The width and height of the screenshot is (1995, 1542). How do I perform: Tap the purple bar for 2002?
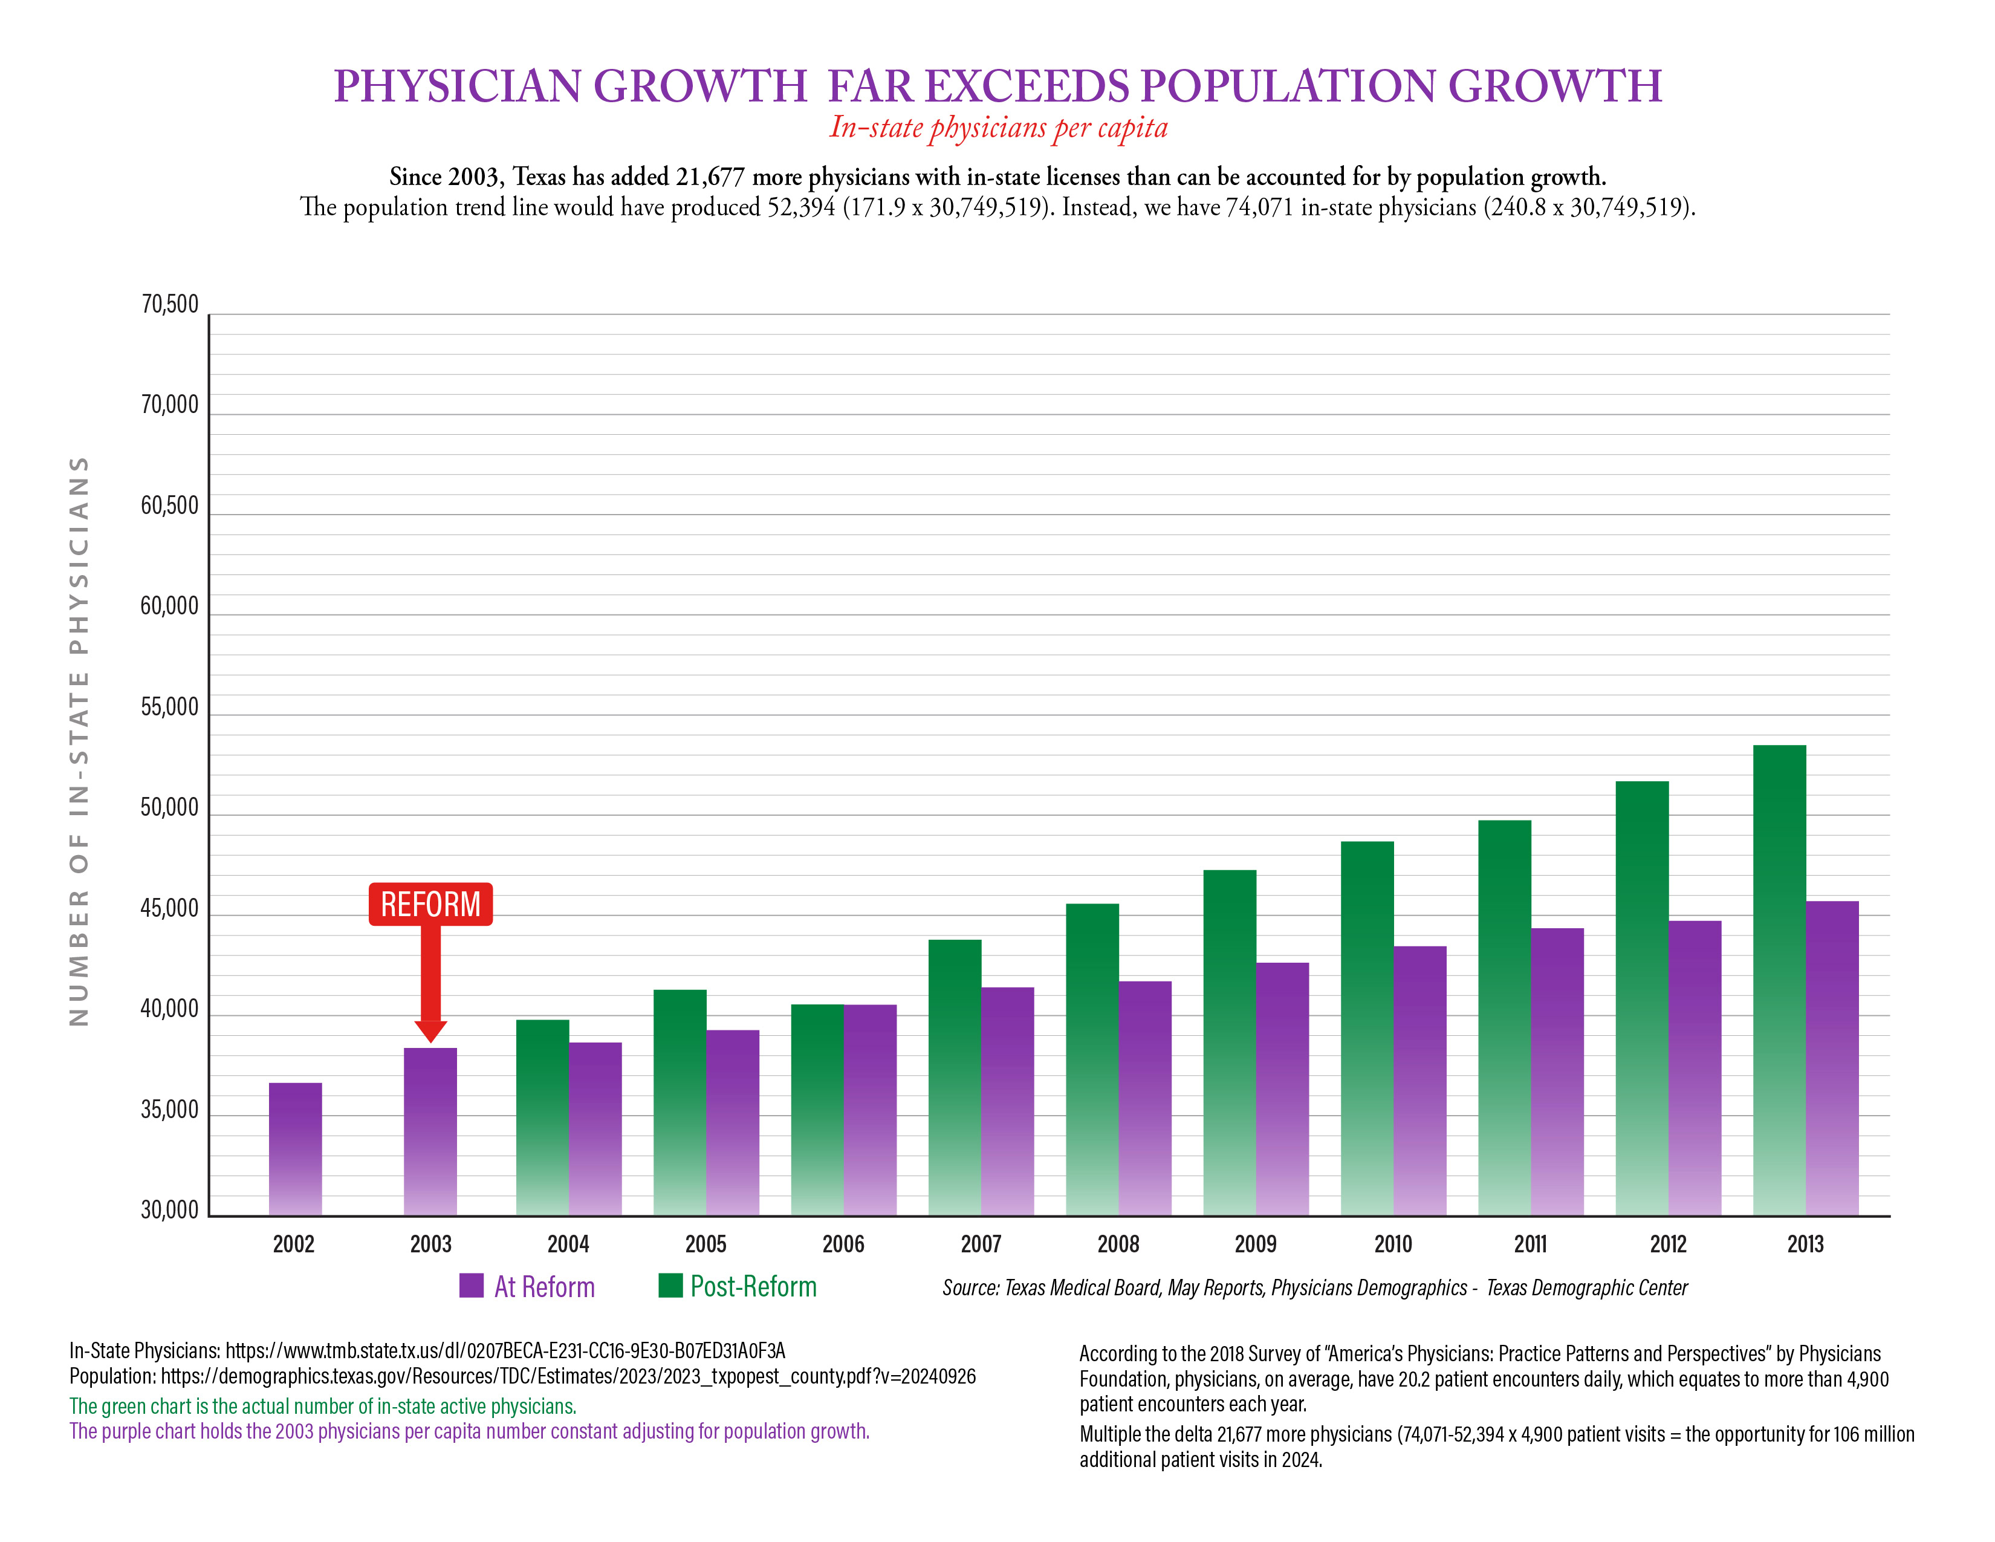[x=295, y=1148]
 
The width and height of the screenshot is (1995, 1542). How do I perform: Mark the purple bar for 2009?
[x=1282, y=1088]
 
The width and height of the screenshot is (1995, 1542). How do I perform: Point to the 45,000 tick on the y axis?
[x=169, y=908]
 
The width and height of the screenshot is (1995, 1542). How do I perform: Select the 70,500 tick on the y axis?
[x=169, y=304]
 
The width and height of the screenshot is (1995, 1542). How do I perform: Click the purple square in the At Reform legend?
[x=472, y=1286]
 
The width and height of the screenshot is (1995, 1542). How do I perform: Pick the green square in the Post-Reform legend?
[x=670, y=1286]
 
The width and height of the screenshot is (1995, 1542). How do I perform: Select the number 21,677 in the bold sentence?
[x=710, y=177]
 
